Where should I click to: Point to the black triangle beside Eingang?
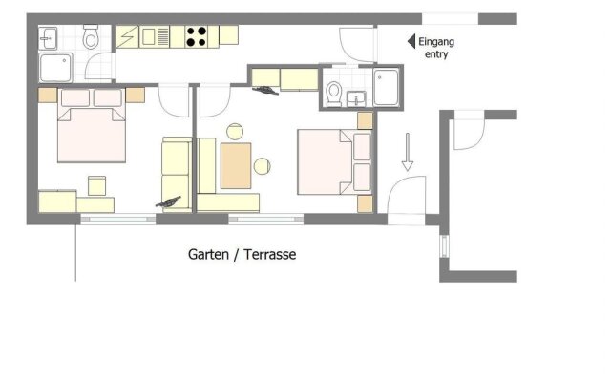point(411,41)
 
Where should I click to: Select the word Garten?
point(209,255)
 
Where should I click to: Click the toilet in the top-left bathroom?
point(91,38)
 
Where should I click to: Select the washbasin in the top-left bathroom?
point(50,38)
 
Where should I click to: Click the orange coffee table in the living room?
point(236,164)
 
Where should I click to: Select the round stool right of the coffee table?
point(263,167)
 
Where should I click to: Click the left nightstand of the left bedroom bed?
point(45,95)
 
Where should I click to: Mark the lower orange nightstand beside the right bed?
point(364,202)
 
